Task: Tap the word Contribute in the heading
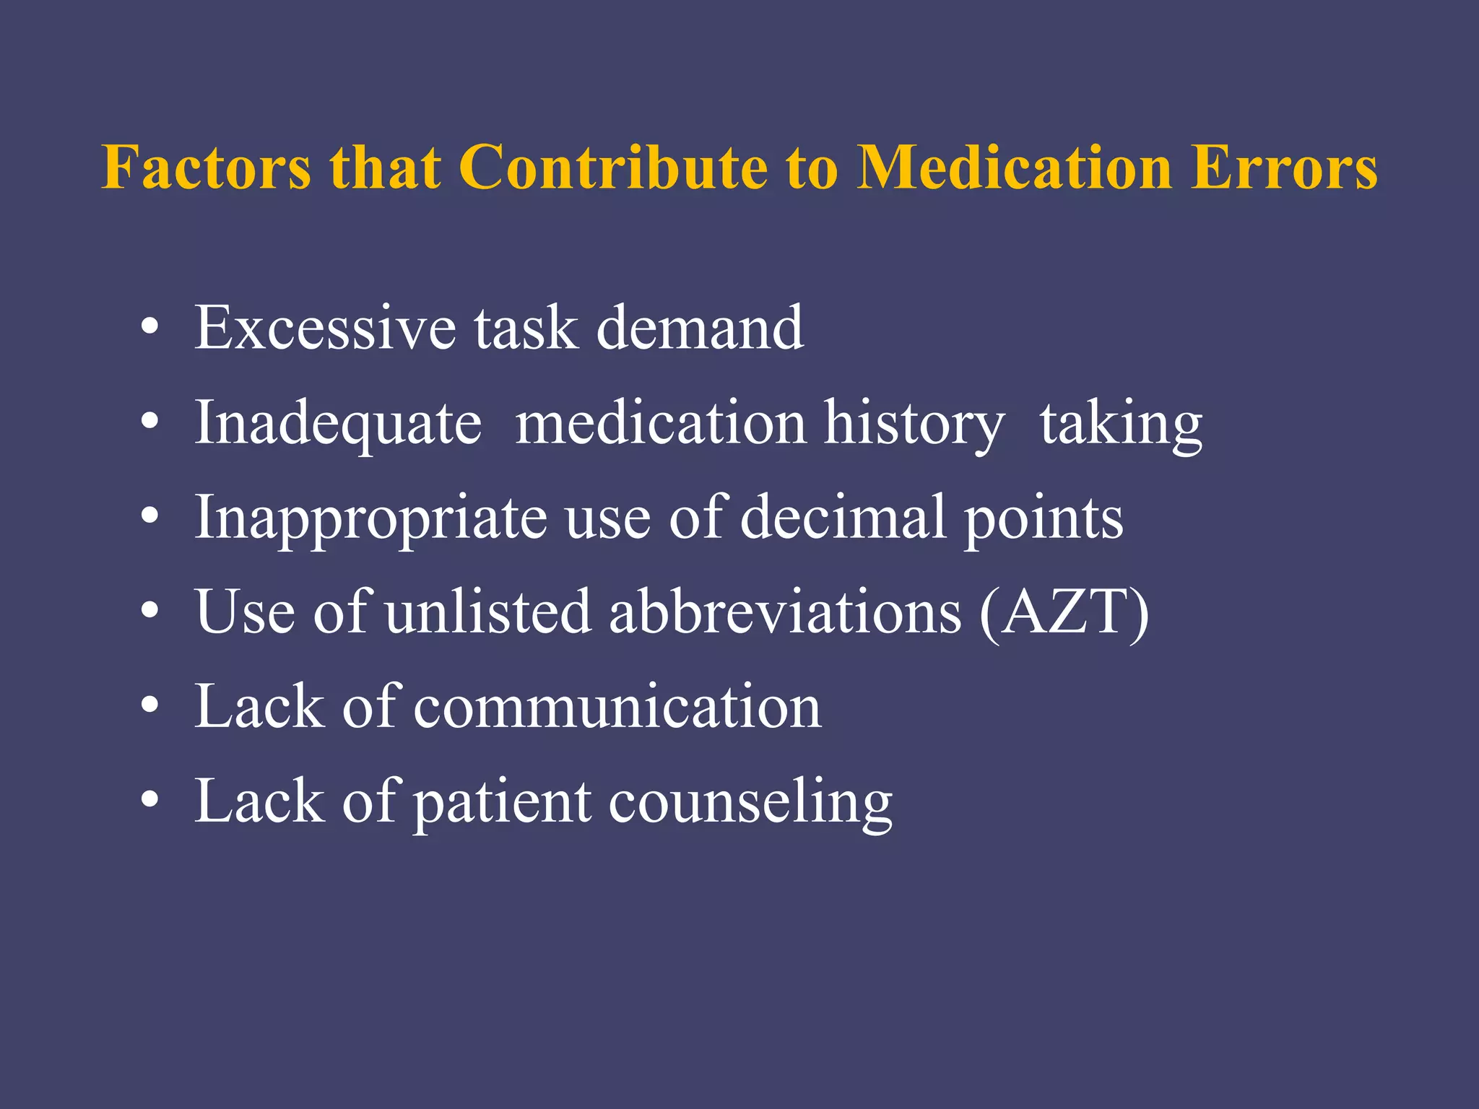pyautogui.click(x=613, y=168)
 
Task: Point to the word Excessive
pyautogui.click(x=326, y=328)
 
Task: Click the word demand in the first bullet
pyautogui.click(x=700, y=328)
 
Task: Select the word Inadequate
pyautogui.click(x=338, y=424)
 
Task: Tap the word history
pyautogui.click(x=914, y=424)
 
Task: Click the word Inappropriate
pyautogui.click(x=371, y=518)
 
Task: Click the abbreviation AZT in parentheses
pyautogui.click(x=1064, y=612)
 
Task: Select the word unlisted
pyautogui.click(x=488, y=612)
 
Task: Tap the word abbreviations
pyautogui.click(x=786, y=612)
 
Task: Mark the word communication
pyautogui.click(x=617, y=707)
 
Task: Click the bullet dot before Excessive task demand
pyautogui.click(x=149, y=328)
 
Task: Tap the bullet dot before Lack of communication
pyautogui.click(x=149, y=707)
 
